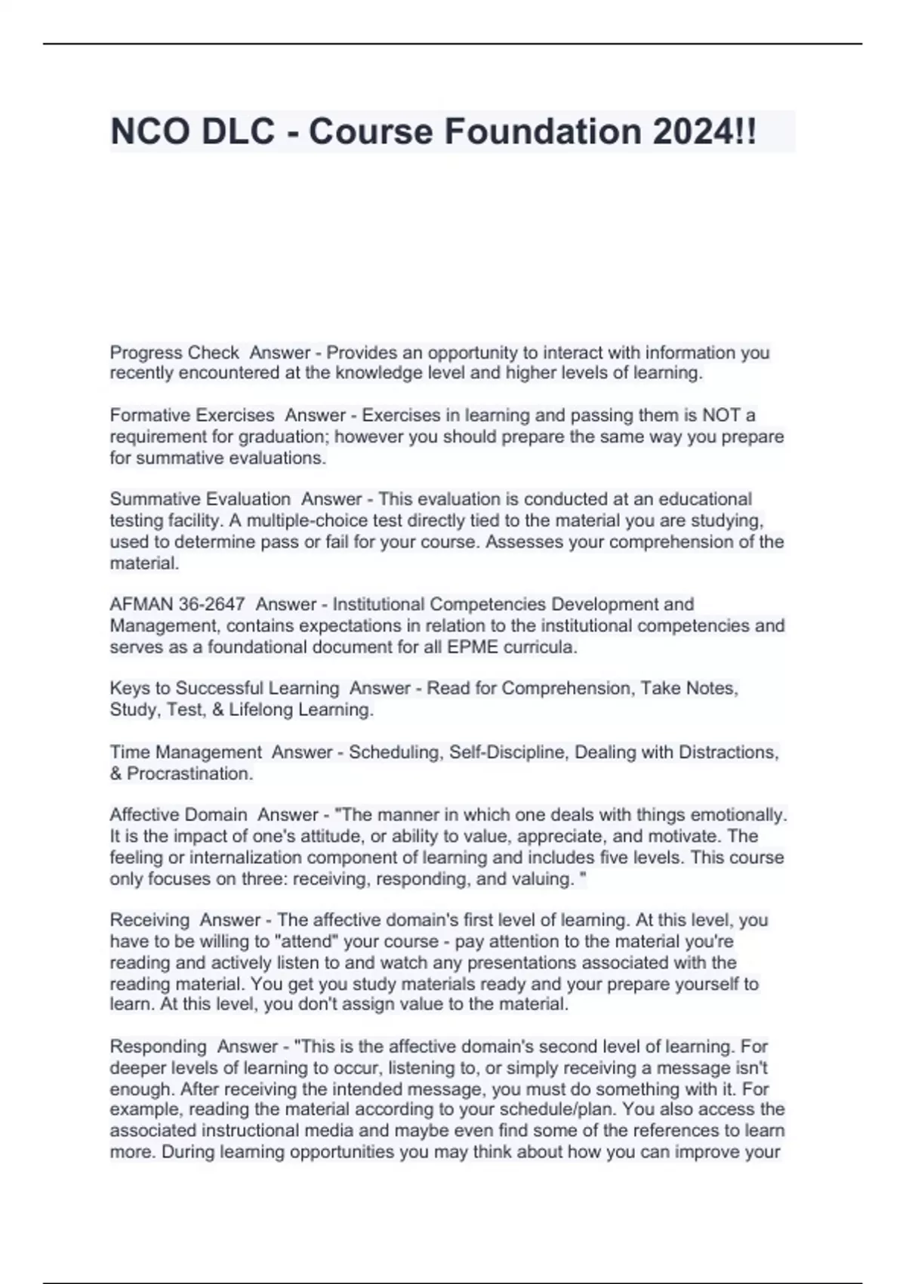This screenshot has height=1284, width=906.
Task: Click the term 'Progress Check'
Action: click(x=174, y=353)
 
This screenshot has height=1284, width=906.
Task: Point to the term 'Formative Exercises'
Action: click(x=192, y=415)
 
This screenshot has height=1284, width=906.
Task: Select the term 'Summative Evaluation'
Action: click(x=200, y=499)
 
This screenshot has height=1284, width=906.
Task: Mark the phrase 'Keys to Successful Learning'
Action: click(x=224, y=688)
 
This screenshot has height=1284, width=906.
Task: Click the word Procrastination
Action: click(x=190, y=773)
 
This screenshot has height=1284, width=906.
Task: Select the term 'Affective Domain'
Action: click(x=178, y=815)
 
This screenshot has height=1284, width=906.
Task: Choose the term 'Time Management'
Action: click(x=186, y=752)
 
